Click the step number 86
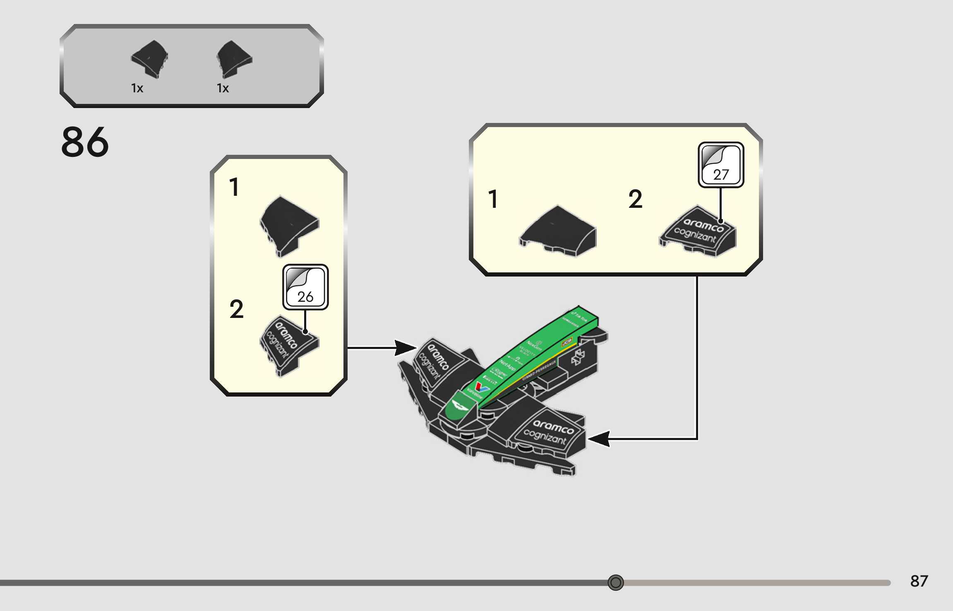[x=85, y=142]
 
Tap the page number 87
[x=919, y=581]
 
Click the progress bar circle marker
[x=615, y=582]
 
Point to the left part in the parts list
[x=149, y=58]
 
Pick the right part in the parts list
[x=234, y=59]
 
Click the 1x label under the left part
[x=137, y=88]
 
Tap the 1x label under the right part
[x=223, y=88]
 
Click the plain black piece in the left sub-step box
[x=289, y=226]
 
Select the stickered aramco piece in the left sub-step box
[x=288, y=346]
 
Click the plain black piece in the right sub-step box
[x=558, y=232]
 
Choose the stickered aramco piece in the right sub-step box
[x=698, y=232]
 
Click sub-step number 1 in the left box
[x=234, y=187]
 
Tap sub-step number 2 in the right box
[x=635, y=199]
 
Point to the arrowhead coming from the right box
[x=599, y=439]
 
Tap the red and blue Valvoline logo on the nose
[x=481, y=387]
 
